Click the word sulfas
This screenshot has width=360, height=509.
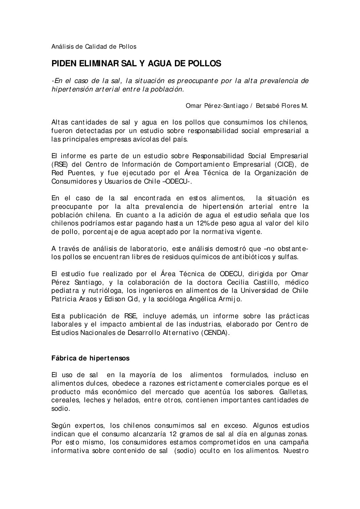pyautogui.click(x=289, y=257)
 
